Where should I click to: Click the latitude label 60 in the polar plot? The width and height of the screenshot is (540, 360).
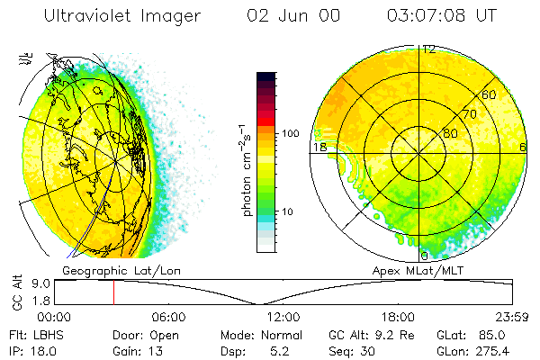coord(490,94)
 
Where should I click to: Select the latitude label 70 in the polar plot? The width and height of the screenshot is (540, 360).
coord(469,114)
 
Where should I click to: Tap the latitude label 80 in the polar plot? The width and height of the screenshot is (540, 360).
coord(449,134)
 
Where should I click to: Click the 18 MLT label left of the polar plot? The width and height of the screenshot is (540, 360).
coord(319,146)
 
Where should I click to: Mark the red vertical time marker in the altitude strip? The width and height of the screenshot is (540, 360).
coord(113,292)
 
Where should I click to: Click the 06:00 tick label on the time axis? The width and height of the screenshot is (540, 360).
coord(168,317)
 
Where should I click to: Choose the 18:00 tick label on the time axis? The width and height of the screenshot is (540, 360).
coord(398,317)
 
